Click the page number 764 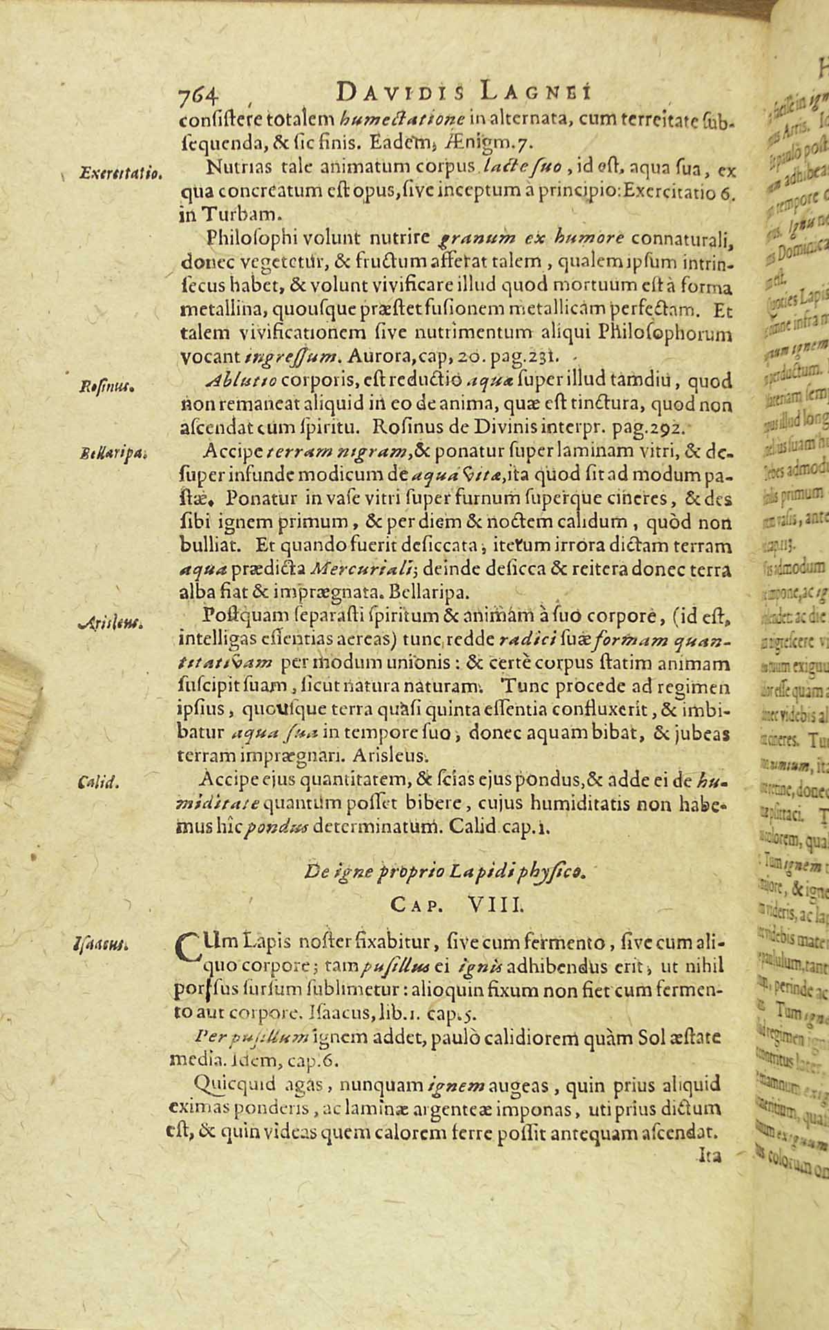198,95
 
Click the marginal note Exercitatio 110,171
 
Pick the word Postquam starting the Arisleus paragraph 237,596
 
